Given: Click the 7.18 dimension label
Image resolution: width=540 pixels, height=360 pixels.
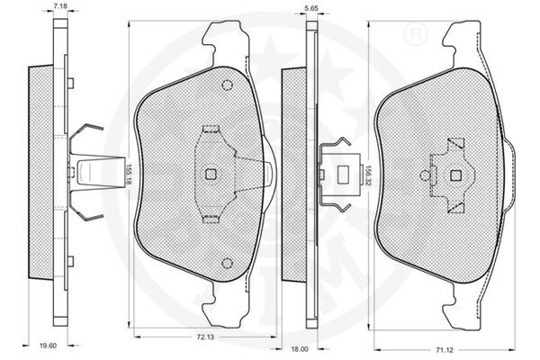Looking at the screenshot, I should pos(60,7).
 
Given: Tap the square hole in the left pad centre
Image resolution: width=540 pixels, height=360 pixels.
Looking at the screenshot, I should pos(211,175).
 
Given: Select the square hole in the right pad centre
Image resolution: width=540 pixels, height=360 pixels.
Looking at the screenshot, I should pos(454,175).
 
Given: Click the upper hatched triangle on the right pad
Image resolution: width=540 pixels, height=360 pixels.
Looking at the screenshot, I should pos(455,144).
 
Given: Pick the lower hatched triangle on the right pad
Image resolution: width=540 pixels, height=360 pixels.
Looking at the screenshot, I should pos(455,207).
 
